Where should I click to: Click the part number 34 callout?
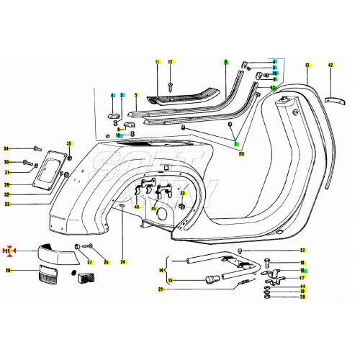point(6,148)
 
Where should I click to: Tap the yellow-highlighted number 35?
point(70,144)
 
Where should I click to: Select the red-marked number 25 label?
point(8,251)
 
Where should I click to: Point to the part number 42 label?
point(330,66)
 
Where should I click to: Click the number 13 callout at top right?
point(307,66)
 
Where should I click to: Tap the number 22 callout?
point(302,251)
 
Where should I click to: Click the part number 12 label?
point(171,62)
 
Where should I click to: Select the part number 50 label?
point(241,154)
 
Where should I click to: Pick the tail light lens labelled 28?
point(48,275)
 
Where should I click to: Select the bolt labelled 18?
point(268,262)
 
